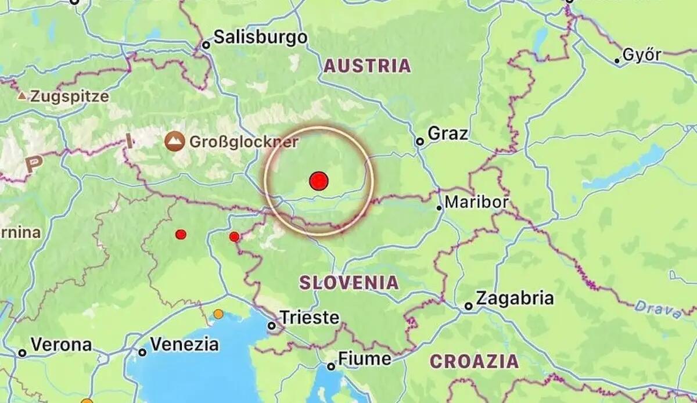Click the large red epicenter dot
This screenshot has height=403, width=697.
[318, 181]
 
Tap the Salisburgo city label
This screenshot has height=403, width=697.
[260, 38]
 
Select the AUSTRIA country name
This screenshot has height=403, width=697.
[367, 66]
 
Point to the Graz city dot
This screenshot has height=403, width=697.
[419, 142]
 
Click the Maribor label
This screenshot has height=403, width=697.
[477, 203]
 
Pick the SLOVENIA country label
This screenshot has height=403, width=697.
[349, 283]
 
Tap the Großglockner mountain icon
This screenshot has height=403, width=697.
[174, 141]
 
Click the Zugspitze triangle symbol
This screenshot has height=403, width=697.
[22, 96]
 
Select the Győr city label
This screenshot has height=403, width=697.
[642, 55]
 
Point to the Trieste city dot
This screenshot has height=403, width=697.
[271, 326]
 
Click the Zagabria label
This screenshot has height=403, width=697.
[515, 299]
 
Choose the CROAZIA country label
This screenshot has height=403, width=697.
[474, 361]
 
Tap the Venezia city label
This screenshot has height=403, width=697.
[185, 344]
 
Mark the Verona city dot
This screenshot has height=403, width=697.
[22, 352]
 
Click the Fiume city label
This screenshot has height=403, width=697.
[365, 358]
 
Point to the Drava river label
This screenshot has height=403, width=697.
[658, 308]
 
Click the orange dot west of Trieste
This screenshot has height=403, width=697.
[218, 314]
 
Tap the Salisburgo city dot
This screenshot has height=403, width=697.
[206, 45]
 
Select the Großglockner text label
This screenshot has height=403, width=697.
[244, 142]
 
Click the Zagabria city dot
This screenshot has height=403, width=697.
[468, 306]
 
